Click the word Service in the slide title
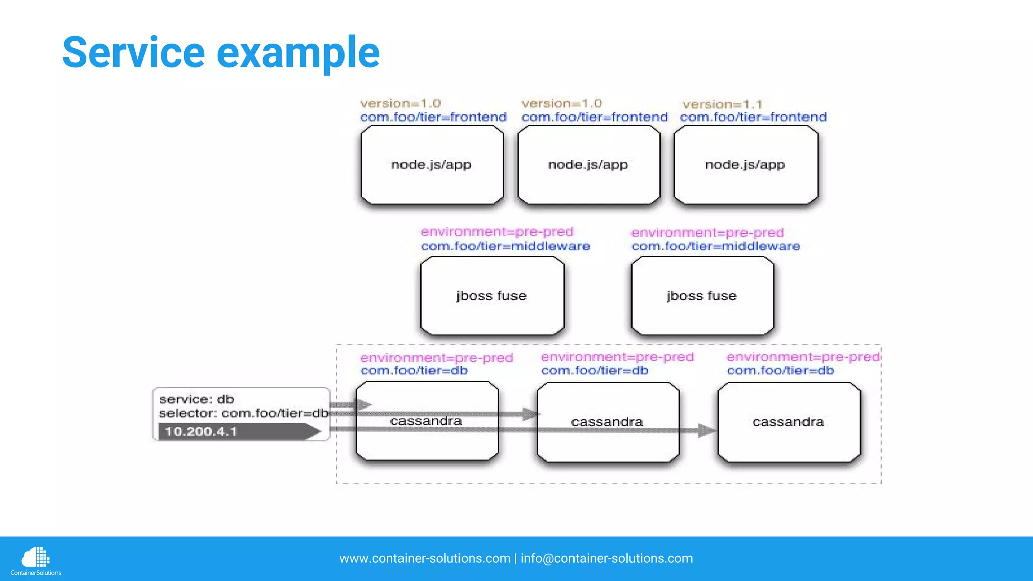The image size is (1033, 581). tap(133, 52)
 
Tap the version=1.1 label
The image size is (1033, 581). tap(722, 104)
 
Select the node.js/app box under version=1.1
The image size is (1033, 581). tap(745, 165)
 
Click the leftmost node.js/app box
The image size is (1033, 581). tap(432, 165)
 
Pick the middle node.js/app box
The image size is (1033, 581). tap(588, 165)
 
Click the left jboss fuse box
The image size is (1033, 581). tap(492, 296)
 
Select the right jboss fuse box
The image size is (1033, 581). tap(702, 296)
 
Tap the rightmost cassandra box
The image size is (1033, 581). tap(788, 422)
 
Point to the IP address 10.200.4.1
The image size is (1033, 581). tap(201, 432)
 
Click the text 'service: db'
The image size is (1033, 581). tap(197, 399)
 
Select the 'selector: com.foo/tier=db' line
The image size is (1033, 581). tap(244, 413)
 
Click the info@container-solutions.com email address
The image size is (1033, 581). tap(606, 558)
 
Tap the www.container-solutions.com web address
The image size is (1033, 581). tap(425, 558)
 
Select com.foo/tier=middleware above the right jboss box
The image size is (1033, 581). tap(716, 246)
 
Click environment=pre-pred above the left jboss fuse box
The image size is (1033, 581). tap(497, 231)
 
